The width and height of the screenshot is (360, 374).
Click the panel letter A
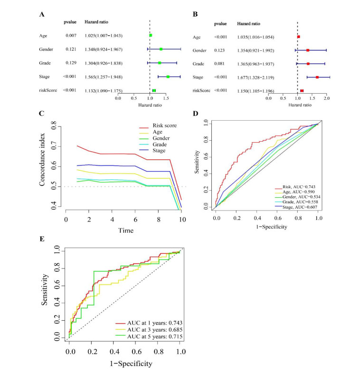[x=41, y=15]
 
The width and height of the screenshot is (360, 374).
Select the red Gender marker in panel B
[x=308, y=49]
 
